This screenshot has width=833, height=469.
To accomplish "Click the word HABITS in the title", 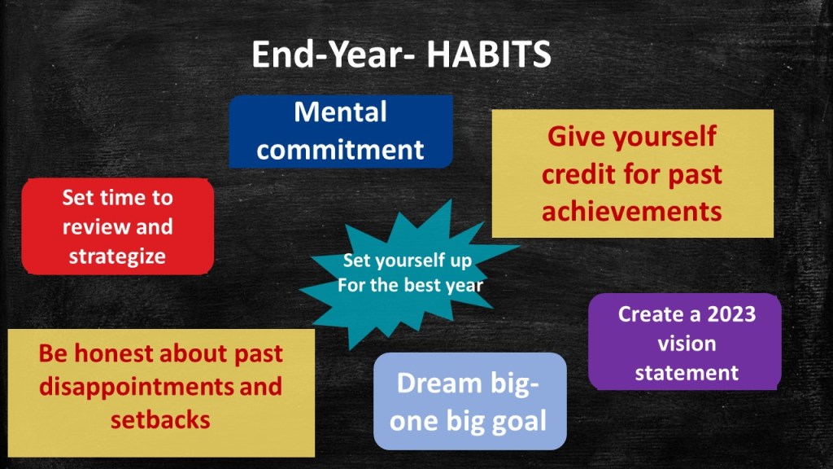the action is [489, 55].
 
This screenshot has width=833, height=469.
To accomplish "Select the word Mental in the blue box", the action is [341, 112].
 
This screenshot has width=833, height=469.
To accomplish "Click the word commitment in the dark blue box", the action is [340, 150].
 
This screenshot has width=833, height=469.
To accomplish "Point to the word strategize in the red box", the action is [117, 256].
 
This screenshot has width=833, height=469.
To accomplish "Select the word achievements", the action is [631, 211].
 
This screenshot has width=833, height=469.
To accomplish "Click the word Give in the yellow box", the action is [576, 136].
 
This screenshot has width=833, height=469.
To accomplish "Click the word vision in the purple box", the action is [687, 344].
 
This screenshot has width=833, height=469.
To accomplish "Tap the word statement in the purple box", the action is [687, 373].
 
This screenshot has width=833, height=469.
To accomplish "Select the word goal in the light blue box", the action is [519, 421].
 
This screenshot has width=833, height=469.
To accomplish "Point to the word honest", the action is [113, 353].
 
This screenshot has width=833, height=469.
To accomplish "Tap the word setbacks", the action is [160, 419].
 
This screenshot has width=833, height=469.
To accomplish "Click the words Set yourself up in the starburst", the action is [408, 261].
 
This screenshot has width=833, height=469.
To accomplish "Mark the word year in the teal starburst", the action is [464, 286].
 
